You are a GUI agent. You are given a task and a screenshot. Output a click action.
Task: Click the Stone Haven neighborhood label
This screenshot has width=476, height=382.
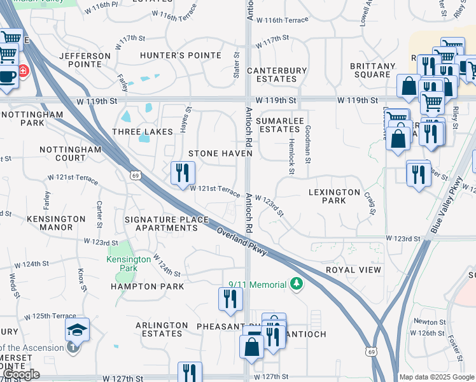click(220, 154)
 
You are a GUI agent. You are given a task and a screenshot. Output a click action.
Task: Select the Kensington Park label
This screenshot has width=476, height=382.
click(129, 264)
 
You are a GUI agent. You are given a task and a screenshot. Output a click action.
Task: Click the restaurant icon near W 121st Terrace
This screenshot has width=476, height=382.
click(182, 172)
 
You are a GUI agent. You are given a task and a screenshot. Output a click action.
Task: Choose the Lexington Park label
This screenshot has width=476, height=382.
click(335, 196)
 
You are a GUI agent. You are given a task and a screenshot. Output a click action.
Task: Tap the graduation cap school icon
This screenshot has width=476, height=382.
click(77, 330)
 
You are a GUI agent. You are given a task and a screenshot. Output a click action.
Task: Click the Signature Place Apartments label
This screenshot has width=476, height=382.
click(167, 223)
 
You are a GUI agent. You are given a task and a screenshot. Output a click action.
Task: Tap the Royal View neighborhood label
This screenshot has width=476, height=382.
click(353, 270)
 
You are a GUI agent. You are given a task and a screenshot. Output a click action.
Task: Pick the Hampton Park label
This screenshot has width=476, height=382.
click(147, 286)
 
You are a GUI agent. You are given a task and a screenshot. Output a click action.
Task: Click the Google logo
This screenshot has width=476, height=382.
click(20, 374)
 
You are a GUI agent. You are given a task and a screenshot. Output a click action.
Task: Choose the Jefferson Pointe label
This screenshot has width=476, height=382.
click(85, 60)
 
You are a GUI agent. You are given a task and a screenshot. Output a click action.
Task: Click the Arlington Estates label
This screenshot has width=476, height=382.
click(162, 329)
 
